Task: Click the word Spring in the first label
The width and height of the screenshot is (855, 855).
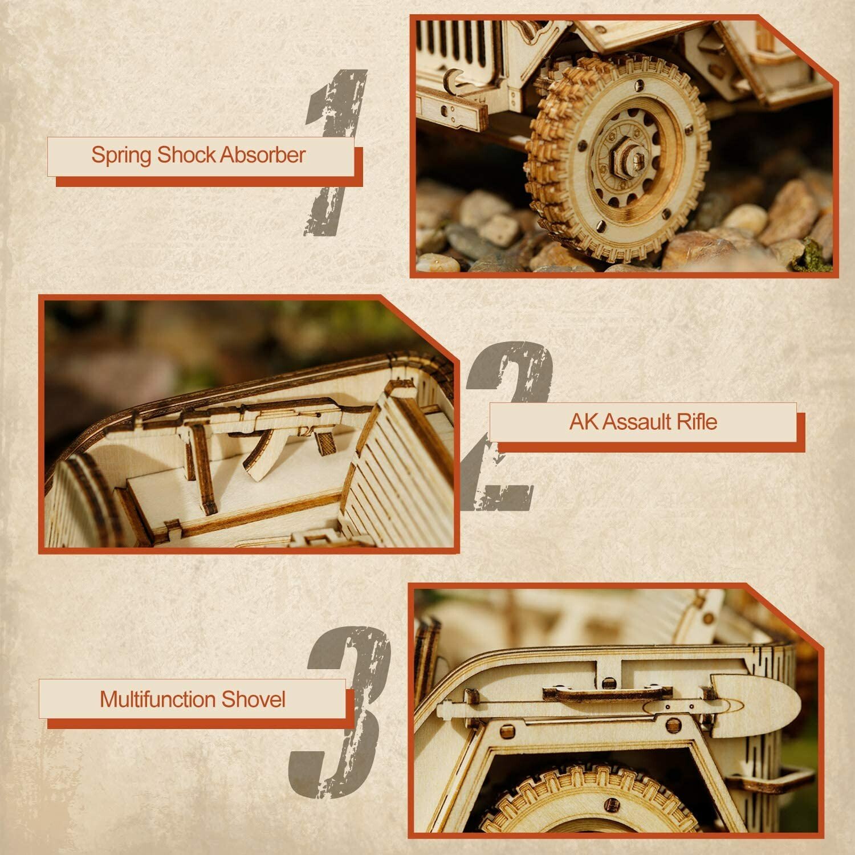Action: [x=122, y=156]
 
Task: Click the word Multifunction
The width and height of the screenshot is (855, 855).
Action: [x=157, y=699]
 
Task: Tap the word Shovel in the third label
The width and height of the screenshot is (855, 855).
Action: [x=253, y=699]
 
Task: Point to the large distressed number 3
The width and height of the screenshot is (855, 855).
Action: [x=342, y=712]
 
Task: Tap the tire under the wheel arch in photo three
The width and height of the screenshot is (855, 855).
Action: [x=587, y=798]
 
